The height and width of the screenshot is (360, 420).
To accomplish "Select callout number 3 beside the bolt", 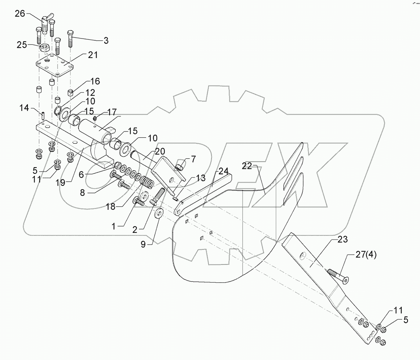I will click(x=106, y=40).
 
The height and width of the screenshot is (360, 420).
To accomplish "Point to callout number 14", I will click(x=24, y=108).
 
